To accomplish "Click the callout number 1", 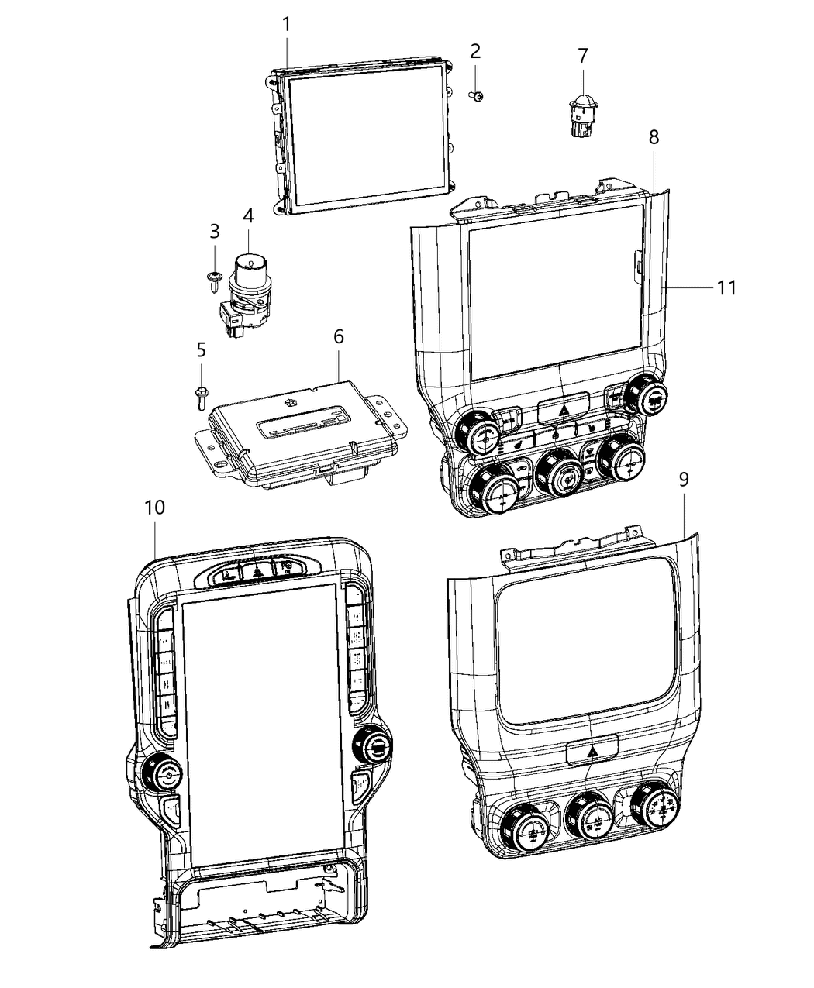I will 287,24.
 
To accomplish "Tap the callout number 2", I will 475,51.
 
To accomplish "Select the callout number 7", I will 582,56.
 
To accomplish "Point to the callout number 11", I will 726,287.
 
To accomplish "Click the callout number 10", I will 154,508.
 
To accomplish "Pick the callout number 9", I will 683,480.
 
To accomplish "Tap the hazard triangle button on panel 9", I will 591,750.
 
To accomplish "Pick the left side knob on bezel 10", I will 162,771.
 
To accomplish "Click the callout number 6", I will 338,337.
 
